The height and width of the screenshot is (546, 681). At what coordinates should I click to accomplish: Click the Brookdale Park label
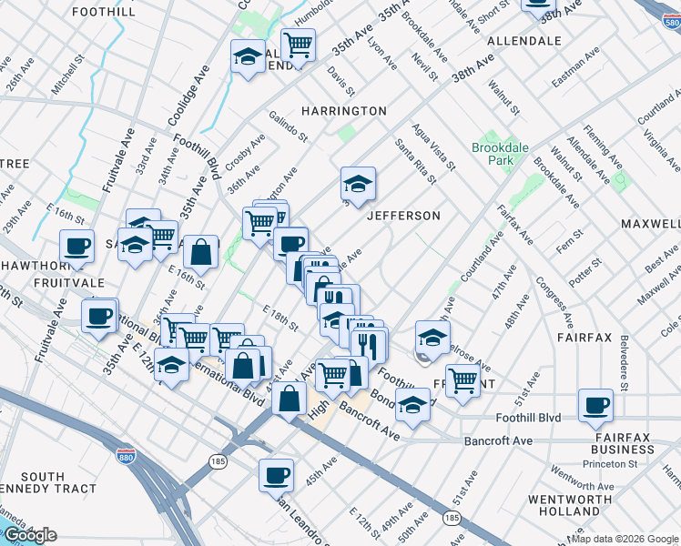(x=493, y=153)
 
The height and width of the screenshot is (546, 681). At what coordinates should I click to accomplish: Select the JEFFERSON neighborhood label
(x=403, y=216)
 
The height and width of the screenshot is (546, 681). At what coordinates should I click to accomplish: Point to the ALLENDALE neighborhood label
(x=523, y=41)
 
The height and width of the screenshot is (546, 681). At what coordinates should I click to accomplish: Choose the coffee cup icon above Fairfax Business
(x=596, y=405)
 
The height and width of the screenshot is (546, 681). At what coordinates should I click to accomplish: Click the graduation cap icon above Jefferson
(x=359, y=183)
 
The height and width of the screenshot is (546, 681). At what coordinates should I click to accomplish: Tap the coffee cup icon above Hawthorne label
(x=77, y=245)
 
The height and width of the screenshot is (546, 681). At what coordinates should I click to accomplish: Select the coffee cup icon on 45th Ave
(x=277, y=474)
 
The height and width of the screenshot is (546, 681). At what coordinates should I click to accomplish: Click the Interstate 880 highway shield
(x=125, y=455)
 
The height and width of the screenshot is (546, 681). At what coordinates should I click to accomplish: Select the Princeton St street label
(x=612, y=463)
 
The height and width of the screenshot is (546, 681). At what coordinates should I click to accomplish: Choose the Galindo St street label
(x=289, y=126)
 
